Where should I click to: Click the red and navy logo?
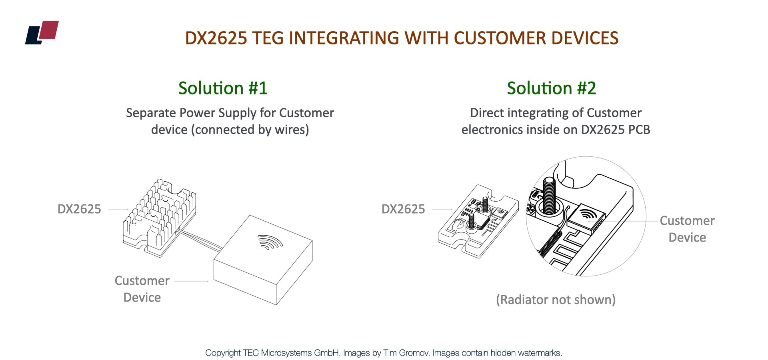pyautogui.click(x=42, y=32)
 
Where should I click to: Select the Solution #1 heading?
pyautogui.click(x=223, y=88)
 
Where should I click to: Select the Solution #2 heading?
pyautogui.click(x=551, y=88)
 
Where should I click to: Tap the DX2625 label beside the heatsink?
pyautogui.click(x=79, y=209)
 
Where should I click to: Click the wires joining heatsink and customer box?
pyautogui.click(x=198, y=239)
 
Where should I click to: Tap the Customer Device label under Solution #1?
pyautogui.click(x=142, y=289)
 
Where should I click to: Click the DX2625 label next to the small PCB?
pyautogui.click(x=403, y=209)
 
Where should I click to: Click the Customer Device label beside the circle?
pyautogui.click(x=687, y=229)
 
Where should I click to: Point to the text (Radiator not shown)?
pyautogui.click(x=555, y=300)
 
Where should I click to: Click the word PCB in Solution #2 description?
pyautogui.click(x=639, y=130)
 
